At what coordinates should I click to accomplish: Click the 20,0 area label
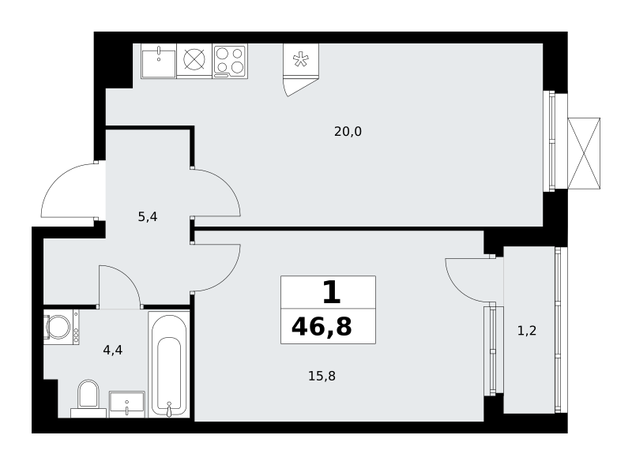point(348,131)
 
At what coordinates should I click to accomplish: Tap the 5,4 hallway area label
point(148,217)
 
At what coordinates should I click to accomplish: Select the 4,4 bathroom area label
point(113,350)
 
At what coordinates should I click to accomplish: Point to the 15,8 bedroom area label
point(322,376)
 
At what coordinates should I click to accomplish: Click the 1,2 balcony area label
point(527,331)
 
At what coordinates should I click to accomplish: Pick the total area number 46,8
point(322,326)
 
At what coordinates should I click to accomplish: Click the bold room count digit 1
point(332,293)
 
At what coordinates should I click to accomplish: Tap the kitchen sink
point(159,61)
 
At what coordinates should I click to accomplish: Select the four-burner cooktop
point(230,61)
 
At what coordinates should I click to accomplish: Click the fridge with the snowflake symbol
point(301,60)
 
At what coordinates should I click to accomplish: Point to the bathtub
point(169,364)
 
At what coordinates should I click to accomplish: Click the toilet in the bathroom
point(88,398)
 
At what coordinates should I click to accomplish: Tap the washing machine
point(62,327)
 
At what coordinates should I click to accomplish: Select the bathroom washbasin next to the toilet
point(127,404)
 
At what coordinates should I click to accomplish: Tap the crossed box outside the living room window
point(584,153)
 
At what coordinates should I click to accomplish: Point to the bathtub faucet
point(169,409)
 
